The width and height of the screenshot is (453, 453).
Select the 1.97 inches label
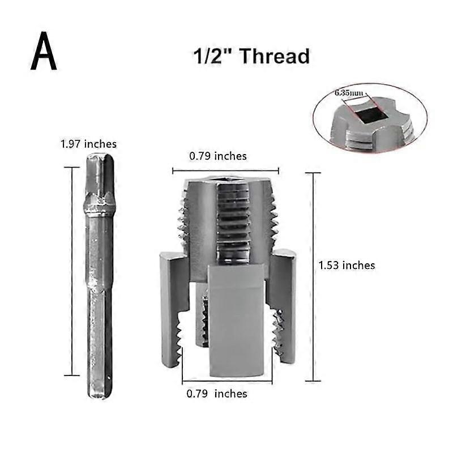[x=88, y=144]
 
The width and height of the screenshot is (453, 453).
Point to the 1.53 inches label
[x=347, y=265]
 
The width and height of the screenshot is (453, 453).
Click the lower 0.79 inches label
[x=217, y=394]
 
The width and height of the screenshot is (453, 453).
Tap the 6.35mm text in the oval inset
[x=347, y=94]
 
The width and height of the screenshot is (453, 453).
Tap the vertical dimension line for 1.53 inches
[x=313, y=276]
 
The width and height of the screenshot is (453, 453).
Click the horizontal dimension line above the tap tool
[x=225, y=170]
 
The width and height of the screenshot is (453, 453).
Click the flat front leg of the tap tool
[x=236, y=323]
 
